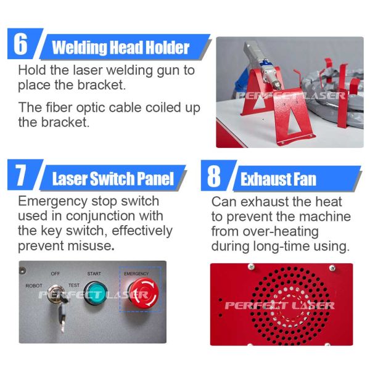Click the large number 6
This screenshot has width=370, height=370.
(x=20, y=43)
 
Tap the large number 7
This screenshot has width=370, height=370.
(x=21, y=175)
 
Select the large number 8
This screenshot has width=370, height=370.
(x=214, y=175)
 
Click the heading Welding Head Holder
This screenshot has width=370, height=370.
(x=121, y=47)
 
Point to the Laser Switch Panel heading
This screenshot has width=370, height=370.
(x=113, y=178)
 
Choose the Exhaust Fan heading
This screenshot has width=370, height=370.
(x=278, y=179)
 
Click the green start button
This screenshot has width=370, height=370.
(x=96, y=293)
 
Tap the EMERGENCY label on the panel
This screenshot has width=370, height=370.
(x=136, y=273)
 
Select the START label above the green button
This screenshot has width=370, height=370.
(x=94, y=274)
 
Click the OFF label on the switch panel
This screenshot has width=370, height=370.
(x=55, y=274)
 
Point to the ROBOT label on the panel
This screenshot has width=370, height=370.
(x=34, y=286)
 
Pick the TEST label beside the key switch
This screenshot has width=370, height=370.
(x=74, y=286)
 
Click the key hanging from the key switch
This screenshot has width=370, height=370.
(x=62, y=318)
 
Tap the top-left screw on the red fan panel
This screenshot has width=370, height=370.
(x=251, y=267)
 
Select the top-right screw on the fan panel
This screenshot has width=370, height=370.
(x=332, y=268)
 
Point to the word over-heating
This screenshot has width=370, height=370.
(x=281, y=231)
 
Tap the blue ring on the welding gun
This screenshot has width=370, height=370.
(x=264, y=63)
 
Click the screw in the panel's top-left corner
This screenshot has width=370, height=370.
(x=22, y=271)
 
